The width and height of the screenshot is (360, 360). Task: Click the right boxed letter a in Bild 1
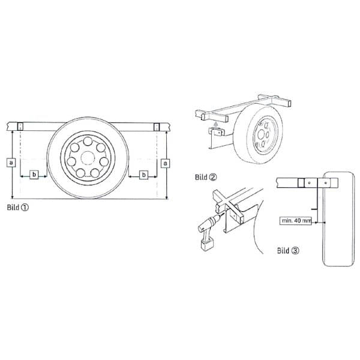(166, 163)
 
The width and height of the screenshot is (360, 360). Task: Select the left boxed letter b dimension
(34, 175)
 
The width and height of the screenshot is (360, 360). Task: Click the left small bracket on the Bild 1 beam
(20, 126)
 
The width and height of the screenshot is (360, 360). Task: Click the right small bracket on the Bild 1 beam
(157, 126)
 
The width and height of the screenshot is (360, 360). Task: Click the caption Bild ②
(205, 177)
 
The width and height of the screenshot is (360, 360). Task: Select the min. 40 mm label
(296, 221)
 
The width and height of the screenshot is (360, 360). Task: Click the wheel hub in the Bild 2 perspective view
(263, 134)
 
